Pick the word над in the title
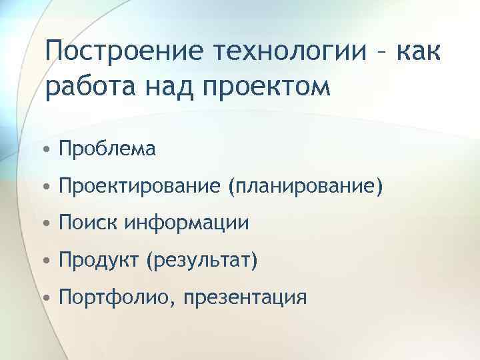pos(158,87)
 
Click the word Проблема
pos(107,149)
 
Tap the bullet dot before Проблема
pos(49,149)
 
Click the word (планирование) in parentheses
pos(305,187)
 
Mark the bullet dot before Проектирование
pos(49,187)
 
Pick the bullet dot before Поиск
pos(49,224)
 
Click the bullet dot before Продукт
pos(49,261)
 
